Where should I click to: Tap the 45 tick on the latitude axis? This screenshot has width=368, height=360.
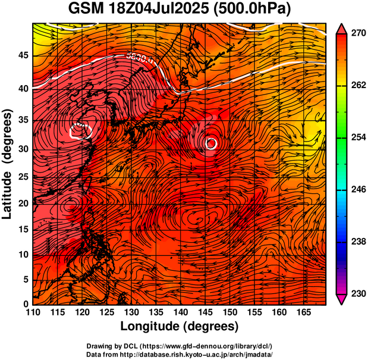21,55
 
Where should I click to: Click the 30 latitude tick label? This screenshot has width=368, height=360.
21,148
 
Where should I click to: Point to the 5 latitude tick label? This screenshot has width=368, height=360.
24,279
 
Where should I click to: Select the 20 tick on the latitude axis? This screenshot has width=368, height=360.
21,203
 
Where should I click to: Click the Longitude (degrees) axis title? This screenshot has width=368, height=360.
180,326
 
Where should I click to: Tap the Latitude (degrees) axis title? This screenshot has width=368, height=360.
8,164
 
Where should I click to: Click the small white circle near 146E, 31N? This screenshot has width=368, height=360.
210,143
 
